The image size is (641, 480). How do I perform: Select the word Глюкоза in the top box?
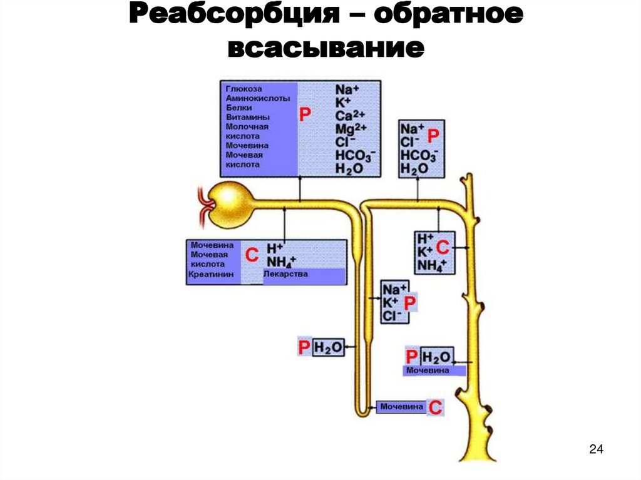244,89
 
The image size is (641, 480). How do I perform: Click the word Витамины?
248,117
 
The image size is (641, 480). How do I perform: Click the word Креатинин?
212,275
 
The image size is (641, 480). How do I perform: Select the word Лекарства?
286,274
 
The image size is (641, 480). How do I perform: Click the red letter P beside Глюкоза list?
305,115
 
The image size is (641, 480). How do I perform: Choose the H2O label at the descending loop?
329,348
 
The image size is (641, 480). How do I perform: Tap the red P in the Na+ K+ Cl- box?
411,304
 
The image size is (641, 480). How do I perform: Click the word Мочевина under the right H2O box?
428,370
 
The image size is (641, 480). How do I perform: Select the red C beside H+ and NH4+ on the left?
251,255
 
